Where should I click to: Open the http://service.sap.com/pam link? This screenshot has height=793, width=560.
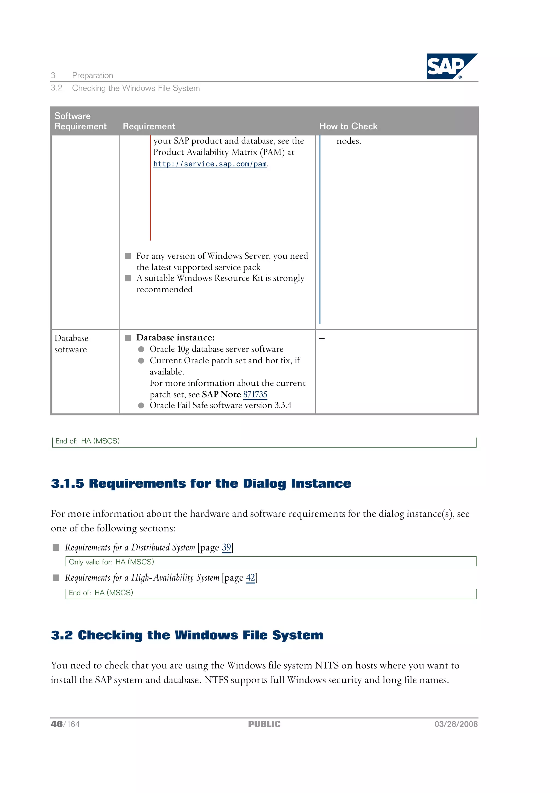coord(210,164)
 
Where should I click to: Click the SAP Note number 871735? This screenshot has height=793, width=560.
coord(255,394)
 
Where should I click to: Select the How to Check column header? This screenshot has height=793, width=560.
coord(348,126)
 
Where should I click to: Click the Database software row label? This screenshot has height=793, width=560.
coord(71,344)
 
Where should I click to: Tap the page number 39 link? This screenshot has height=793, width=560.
coord(226,547)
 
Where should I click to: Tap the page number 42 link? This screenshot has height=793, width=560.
coord(250,578)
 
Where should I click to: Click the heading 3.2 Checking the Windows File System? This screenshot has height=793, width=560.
coord(187,635)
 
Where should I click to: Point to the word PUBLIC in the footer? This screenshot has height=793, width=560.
coord(264,724)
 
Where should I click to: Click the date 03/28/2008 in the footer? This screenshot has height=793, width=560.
coord(456,724)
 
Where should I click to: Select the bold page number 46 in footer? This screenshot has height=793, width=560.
coord(57,724)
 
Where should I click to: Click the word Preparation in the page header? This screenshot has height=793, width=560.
coord(92,75)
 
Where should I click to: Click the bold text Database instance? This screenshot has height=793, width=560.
coord(175,338)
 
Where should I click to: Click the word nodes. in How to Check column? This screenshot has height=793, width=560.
coord(348,141)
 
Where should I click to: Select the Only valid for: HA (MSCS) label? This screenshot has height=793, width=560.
coord(111,562)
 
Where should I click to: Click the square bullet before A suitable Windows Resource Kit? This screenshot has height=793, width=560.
coord(128,278)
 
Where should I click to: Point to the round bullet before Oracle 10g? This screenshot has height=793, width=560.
coord(141,349)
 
